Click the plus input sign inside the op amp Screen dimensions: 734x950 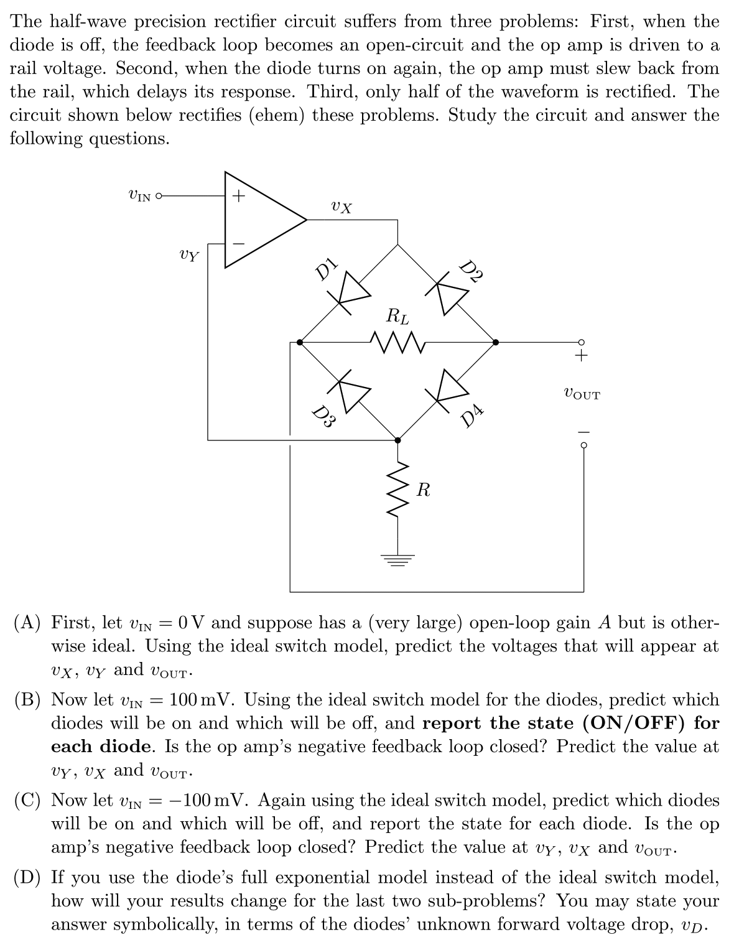click(237, 196)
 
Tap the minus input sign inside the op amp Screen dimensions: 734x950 click(237, 243)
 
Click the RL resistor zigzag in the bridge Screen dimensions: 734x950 click(397, 342)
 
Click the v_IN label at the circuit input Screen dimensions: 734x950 click(139, 196)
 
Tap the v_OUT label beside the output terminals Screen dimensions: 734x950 click(581, 394)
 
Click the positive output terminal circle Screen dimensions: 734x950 click(582, 342)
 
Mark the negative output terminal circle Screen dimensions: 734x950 click(583, 445)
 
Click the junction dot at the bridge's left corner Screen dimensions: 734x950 click(300, 342)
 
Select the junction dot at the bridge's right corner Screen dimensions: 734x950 click(496, 342)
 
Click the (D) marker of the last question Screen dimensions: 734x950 click(28, 878)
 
